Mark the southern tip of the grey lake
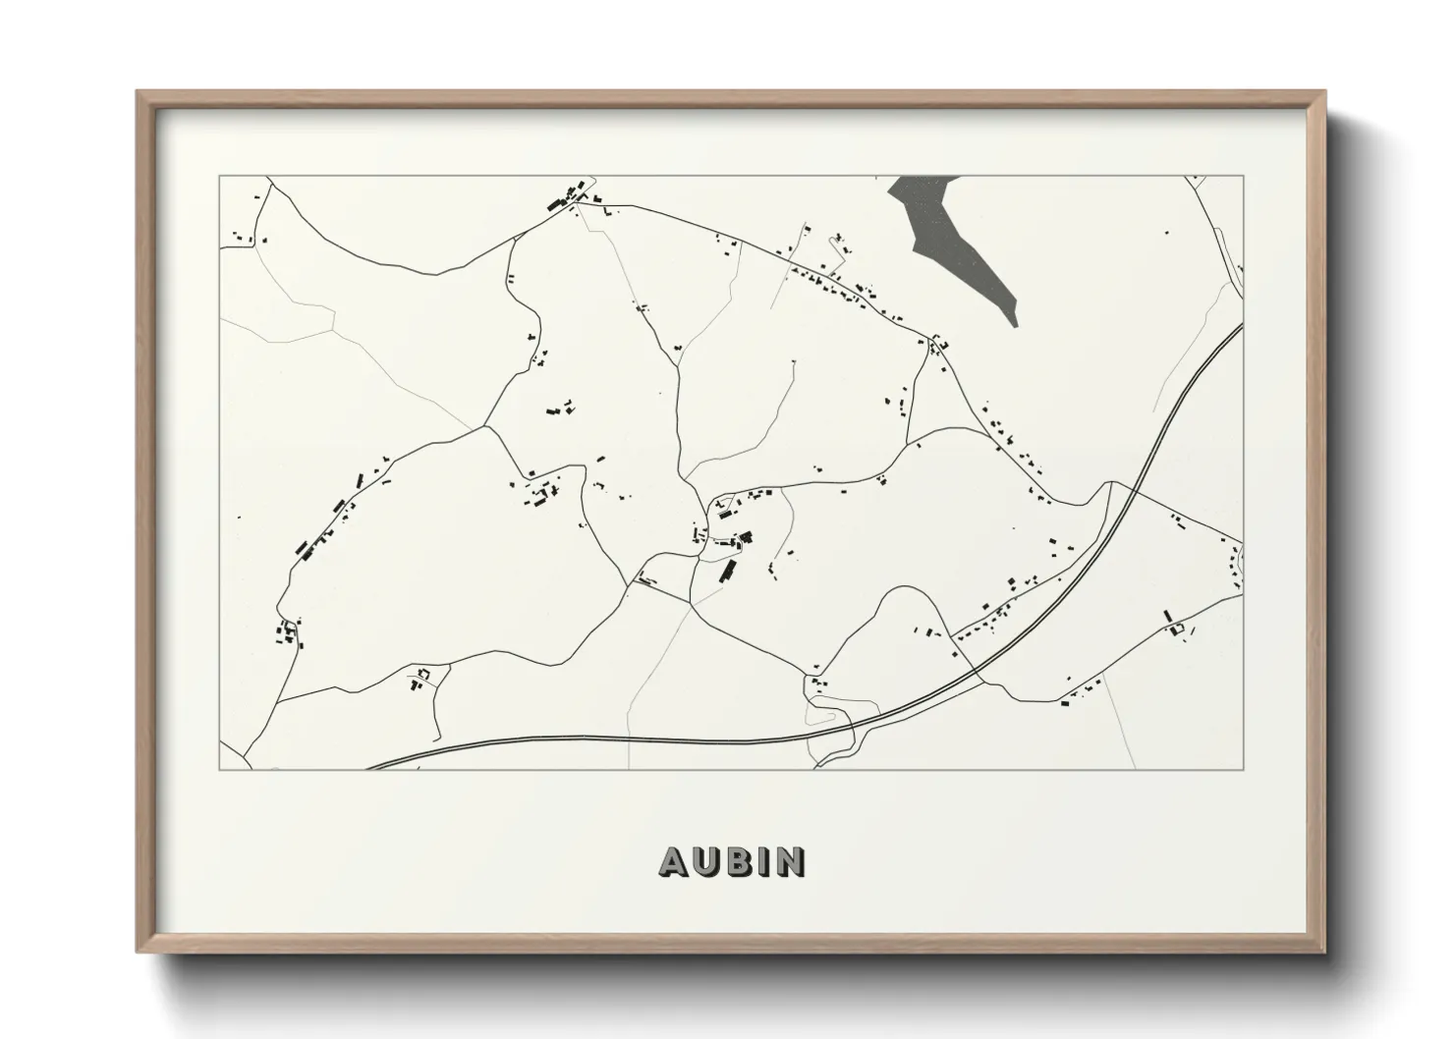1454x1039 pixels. [x=1013, y=324]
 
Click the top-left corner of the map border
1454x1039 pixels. [x=219, y=176]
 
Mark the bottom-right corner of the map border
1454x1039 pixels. [x=1244, y=769]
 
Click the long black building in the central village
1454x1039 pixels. [x=728, y=571]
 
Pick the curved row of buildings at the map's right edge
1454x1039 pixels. [x=1236, y=568]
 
